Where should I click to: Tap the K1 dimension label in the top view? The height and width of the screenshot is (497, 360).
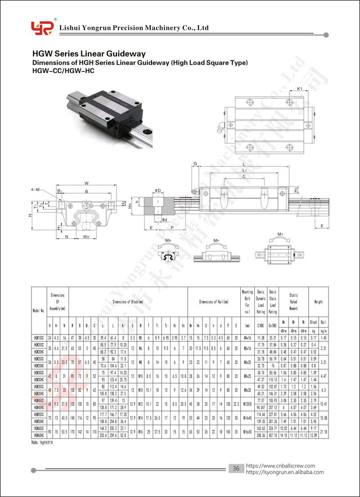tap(299, 89)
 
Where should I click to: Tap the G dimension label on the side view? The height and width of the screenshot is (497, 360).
tap(195, 163)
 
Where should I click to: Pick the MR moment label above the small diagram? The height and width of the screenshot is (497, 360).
tap(167, 241)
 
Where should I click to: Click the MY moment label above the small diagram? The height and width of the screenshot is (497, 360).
tap(280, 235)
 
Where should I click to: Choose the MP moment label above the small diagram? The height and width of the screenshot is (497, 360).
tap(216, 241)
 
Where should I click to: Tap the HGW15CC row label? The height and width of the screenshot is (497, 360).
tap(39, 337)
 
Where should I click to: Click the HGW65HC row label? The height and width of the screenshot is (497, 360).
tap(39, 435)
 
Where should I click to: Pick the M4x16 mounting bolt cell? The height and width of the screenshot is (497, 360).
tap(248, 337)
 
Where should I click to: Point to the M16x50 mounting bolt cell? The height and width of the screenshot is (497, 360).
tap(248, 432)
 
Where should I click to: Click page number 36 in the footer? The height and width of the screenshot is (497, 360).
tap(235, 469)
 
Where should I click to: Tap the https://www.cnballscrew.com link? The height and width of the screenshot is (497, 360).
tap(281, 466)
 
